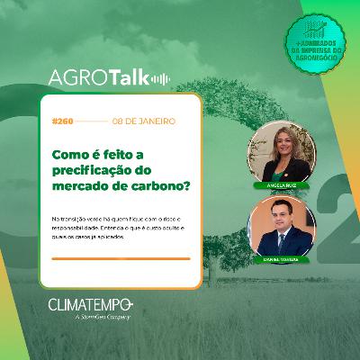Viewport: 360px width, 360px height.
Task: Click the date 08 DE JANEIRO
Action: pos(139,120)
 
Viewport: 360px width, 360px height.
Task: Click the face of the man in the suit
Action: pos(282,220)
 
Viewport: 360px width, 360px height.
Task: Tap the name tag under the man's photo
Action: pos(282,258)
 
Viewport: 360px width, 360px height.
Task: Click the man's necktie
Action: pos(281,244)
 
